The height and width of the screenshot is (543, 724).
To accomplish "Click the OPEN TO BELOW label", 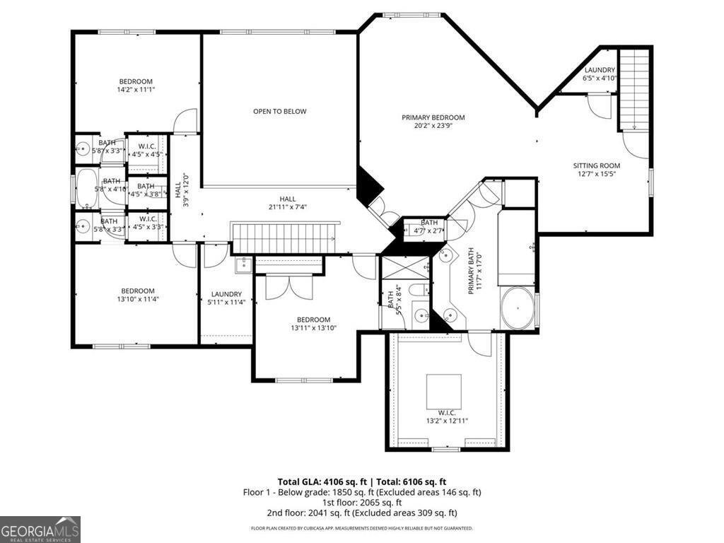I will [280, 112].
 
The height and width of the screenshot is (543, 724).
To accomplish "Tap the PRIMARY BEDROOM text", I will [433, 117].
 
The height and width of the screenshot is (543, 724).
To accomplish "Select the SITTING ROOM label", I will [596, 166].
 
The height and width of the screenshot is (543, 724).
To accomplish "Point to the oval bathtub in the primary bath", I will [518, 309].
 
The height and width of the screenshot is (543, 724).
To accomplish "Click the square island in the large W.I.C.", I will [444, 391].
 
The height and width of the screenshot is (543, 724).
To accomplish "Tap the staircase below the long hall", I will [286, 237].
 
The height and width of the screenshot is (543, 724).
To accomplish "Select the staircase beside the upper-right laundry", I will [634, 88].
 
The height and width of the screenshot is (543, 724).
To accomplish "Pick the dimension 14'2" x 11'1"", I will [136, 90].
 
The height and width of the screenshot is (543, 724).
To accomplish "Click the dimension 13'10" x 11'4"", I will [137, 299].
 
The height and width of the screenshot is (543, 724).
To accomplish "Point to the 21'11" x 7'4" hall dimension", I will [287, 207].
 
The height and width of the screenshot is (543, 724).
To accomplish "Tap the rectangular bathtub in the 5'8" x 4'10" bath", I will [88, 189].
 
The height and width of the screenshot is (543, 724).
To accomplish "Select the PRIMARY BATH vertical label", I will [472, 269].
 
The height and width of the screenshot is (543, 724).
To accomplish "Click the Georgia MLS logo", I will [40, 530].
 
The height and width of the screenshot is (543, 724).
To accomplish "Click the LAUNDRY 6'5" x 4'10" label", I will [600, 74].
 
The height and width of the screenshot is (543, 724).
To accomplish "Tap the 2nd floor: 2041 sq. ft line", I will [361, 513].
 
